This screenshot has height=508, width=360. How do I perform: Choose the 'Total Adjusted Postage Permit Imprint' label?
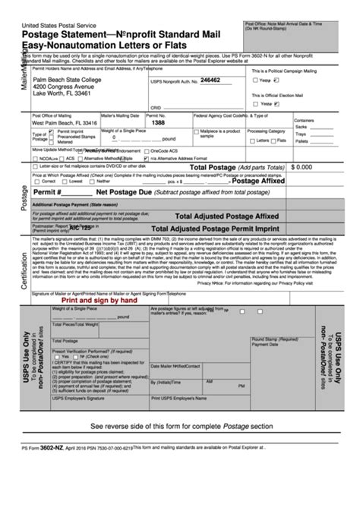tap(221, 227)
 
